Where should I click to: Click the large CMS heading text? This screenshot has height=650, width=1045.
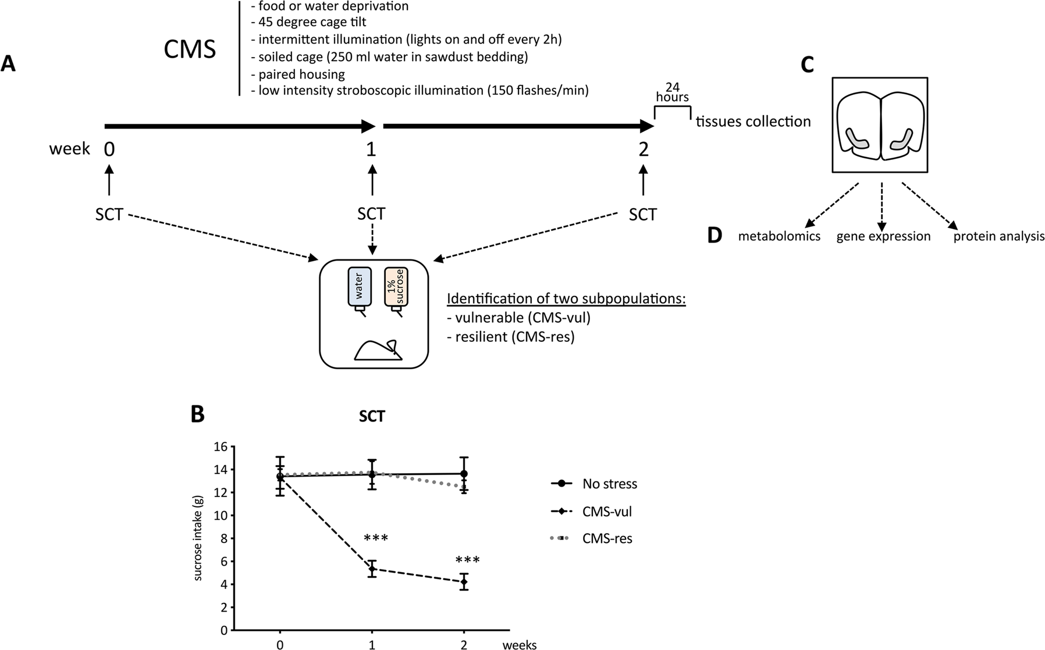[x=190, y=50]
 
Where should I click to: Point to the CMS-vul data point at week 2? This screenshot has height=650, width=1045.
[x=464, y=581]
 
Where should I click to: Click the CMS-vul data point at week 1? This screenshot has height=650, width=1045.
[x=372, y=569]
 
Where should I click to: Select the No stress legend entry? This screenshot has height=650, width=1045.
[x=595, y=484]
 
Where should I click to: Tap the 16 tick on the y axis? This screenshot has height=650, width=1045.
[x=221, y=447]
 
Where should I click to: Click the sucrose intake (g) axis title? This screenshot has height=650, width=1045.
[x=198, y=538]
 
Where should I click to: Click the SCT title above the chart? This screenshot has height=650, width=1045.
[x=371, y=416]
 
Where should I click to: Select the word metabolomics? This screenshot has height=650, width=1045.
[x=779, y=237]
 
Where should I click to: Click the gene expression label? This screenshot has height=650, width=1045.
[x=883, y=237]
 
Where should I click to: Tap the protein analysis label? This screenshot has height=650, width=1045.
[x=998, y=237]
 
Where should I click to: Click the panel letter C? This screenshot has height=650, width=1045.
[x=808, y=65]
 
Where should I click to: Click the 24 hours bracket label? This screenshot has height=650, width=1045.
[x=672, y=92]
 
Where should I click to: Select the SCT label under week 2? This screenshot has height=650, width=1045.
[x=642, y=215]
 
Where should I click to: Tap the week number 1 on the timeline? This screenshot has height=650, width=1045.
[x=371, y=149]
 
